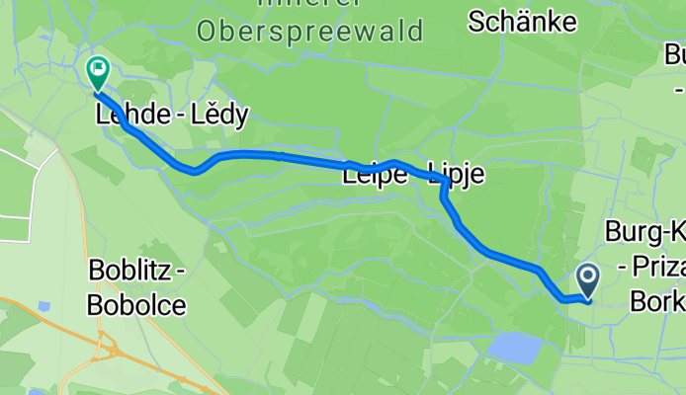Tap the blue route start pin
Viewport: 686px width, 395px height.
click(x=587, y=281)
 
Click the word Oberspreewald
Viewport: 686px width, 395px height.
click(x=309, y=31)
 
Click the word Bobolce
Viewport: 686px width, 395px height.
click(x=136, y=304)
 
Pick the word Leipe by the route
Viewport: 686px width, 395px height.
click(x=375, y=176)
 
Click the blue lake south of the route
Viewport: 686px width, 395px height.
click(x=517, y=347)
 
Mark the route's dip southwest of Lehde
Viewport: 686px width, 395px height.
click(x=195, y=170)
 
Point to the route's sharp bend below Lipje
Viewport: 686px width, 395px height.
click(x=445, y=194)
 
